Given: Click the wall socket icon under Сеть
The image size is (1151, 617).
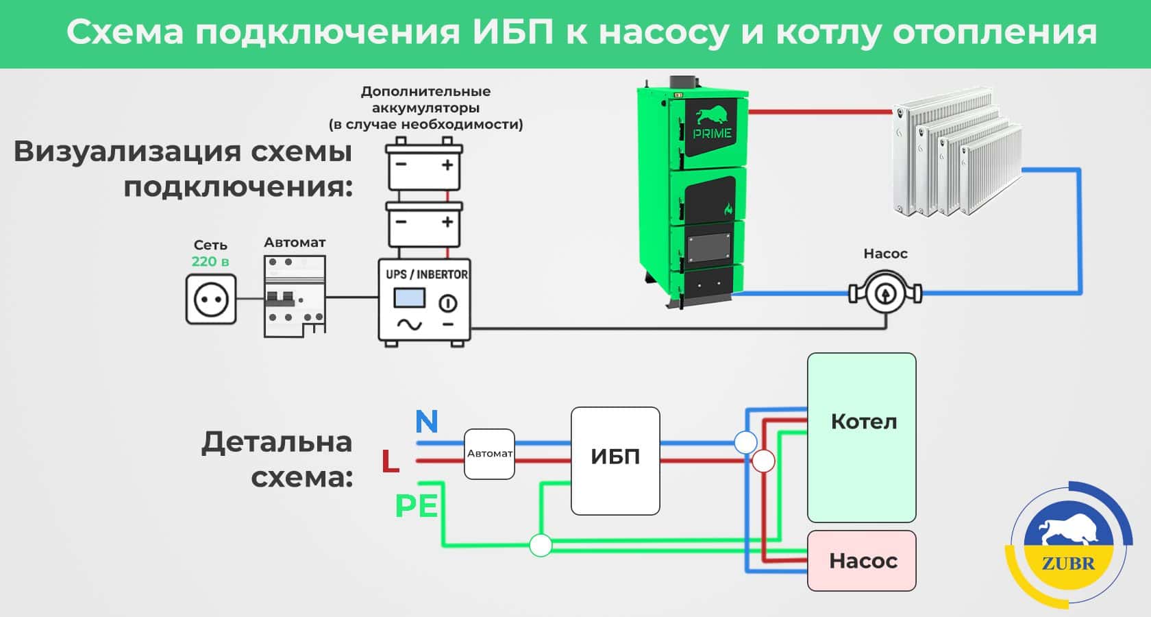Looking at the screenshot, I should point(211,300).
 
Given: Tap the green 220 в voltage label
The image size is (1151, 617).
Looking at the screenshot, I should point(210,261).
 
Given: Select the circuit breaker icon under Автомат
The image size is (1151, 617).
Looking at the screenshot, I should point(295,296).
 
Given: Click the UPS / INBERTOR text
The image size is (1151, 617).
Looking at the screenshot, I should point(426,274).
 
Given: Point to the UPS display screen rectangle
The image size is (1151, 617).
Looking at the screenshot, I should point(410,298).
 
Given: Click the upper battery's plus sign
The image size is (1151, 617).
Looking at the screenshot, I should point(447,165).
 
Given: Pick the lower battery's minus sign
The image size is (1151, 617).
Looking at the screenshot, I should point(401,222).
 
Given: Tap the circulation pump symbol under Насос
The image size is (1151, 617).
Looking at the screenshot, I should point(885,293).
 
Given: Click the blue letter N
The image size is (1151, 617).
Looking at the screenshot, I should point(426,422).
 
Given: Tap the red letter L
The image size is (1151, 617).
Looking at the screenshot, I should point(391,461).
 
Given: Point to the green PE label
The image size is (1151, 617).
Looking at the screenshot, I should point(416,507).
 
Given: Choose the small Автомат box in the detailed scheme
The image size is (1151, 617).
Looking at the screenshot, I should point(489,454).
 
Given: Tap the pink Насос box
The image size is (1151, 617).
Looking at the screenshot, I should point(861,561).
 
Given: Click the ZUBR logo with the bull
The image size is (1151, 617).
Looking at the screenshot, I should point(1068,546).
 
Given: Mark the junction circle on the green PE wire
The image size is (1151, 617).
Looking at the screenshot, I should point(541,546).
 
